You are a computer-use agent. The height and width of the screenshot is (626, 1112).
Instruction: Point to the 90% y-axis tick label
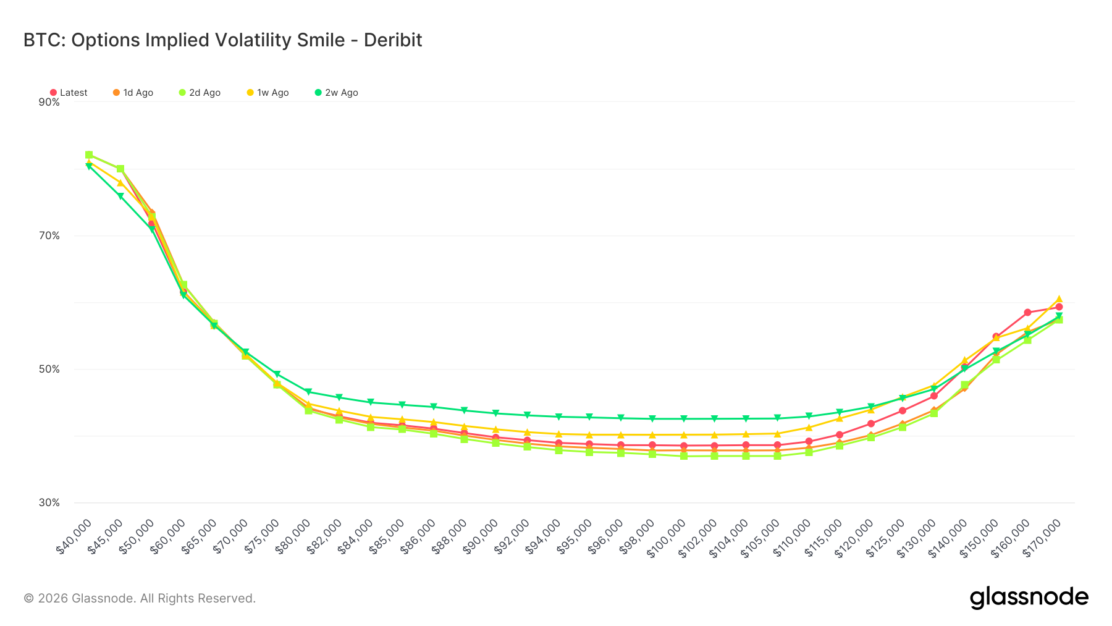(49, 102)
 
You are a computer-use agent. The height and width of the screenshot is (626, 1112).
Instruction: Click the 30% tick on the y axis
(49, 502)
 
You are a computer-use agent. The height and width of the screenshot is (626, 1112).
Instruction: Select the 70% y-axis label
(49, 235)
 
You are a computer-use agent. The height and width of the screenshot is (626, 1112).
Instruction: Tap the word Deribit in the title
(393, 40)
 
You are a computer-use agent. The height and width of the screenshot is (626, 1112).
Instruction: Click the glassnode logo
(1029, 598)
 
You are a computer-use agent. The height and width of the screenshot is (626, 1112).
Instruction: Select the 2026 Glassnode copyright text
(140, 598)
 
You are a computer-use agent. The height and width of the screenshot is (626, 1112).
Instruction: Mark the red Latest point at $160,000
(1027, 313)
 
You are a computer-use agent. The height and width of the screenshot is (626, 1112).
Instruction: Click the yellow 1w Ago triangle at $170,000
(1059, 299)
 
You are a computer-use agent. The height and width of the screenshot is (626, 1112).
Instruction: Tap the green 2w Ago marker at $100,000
(683, 419)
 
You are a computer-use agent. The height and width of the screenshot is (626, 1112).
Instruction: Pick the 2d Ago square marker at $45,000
(120, 169)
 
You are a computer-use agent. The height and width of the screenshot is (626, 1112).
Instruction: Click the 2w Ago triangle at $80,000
(308, 392)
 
